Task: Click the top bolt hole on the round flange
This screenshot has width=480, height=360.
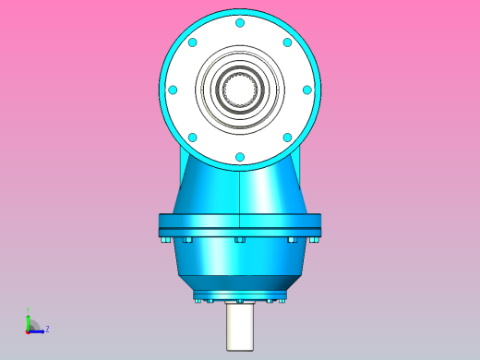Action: (x=240, y=23)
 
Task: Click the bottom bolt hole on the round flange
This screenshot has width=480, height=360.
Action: (x=240, y=157)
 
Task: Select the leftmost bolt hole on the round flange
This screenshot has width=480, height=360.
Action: (x=173, y=90)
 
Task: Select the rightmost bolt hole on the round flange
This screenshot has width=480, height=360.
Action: (x=307, y=90)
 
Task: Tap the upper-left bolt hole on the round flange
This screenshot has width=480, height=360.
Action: (x=192, y=42)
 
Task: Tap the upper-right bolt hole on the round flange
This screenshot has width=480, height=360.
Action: (x=287, y=42)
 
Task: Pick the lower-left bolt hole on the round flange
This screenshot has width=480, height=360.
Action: (x=192, y=138)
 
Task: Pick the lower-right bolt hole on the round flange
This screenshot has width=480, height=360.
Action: (x=287, y=138)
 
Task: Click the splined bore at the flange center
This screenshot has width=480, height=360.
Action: (x=240, y=90)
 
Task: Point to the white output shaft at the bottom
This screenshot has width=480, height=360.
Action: (x=240, y=328)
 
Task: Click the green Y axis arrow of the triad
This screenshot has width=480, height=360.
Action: (x=28, y=318)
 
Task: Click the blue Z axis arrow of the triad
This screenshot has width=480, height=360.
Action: (x=39, y=330)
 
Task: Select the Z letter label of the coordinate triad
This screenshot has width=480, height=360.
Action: (x=47, y=329)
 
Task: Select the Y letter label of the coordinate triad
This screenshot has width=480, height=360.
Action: (x=28, y=311)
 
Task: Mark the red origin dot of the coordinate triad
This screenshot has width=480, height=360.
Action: (x=28, y=330)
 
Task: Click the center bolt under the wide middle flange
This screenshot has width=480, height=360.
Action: (x=240, y=240)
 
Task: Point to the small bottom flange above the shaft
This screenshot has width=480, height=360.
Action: (x=240, y=296)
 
